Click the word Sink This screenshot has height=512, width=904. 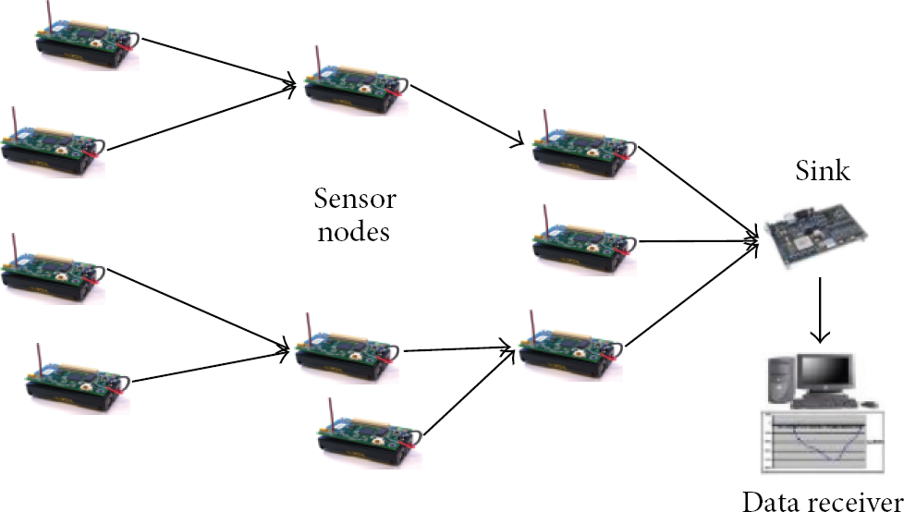pyautogui.click(x=823, y=170)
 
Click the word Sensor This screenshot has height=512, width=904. pyautogui.click(x=355, y=199)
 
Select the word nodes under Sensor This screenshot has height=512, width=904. pyautogui.click(x=354, y=232)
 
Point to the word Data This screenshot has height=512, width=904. pyautogui.click(x=776, y=501)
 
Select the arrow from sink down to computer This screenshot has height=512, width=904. pyautogui.click(x=819, y=311)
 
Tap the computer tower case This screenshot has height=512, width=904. pyautogui.click(x=782, y=381)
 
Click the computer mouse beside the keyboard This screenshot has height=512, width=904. pyautogui.click(x=870, y=403)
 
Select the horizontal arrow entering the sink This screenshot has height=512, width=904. pyautogui.click(x=699, y=241)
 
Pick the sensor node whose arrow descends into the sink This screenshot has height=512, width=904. pyautogui.click(x=584, y=143)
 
